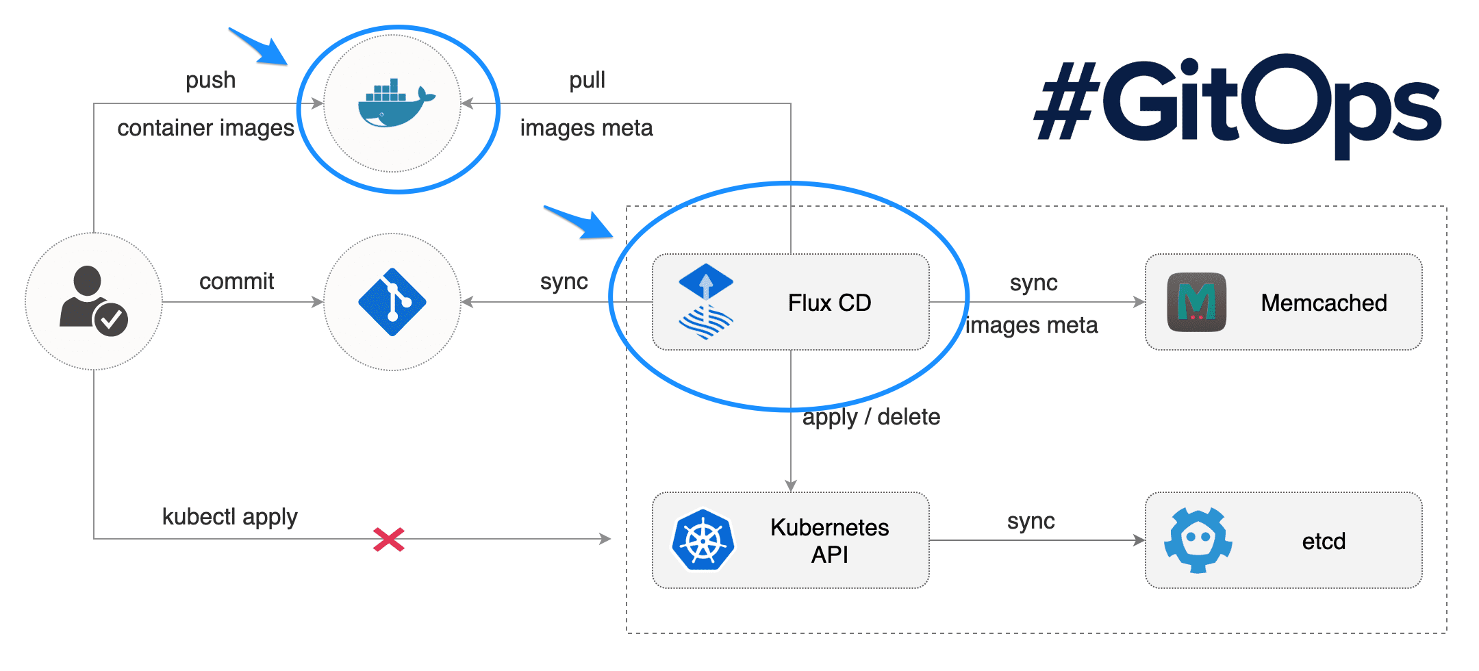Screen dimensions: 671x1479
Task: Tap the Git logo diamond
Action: point(392,302)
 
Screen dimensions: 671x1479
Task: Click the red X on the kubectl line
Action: point(388,540)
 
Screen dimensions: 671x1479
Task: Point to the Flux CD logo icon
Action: point(706,302)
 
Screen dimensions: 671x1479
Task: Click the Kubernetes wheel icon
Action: point(703,540)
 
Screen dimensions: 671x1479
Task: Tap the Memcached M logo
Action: point(1196,302)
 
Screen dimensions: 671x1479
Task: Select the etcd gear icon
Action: point(1198,540)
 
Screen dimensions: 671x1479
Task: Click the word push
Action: point(210,80)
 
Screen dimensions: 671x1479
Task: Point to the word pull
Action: point(587,80)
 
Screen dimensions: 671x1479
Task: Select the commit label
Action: point(236,281)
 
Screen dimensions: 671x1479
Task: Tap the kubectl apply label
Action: point(229,517)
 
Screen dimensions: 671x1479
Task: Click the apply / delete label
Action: point(871,417)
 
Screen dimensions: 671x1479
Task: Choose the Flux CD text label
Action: point(829,303)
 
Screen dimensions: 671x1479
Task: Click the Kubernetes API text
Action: point(829,540)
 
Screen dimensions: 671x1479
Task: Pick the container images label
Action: point(205,128)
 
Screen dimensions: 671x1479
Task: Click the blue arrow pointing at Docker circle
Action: point(260,47)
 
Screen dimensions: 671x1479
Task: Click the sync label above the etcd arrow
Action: point(1031,521)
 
